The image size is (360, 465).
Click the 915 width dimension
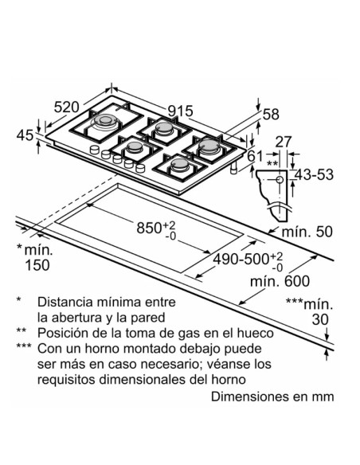point(180,111)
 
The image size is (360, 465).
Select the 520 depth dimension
point(67,107)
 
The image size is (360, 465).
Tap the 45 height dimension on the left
point(25,135)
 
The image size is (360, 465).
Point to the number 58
point(271,115)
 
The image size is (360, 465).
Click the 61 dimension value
point(255,156)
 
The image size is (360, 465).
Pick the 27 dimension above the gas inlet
point(284,142)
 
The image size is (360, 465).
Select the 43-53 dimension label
point(315,174)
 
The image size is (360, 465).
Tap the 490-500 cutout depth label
point(241,260)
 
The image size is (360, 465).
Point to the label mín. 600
point(280,281)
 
